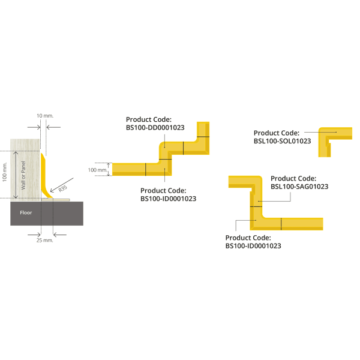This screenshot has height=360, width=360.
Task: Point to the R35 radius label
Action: tap(62, 188)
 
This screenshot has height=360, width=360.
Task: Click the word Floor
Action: tap(25, 212)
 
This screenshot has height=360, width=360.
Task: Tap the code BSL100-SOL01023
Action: tap(282, 141)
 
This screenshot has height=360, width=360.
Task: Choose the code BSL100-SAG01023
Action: tap(299, 187)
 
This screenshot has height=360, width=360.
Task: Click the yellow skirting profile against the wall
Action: tap(44, 180)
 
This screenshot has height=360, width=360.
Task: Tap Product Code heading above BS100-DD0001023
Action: tap(149, 119)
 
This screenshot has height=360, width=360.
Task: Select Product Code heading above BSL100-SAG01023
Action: tap(294, 178)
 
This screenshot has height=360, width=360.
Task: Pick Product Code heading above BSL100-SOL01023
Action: tap(276, 133)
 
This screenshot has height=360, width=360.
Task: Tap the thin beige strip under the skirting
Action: tap(60, 200)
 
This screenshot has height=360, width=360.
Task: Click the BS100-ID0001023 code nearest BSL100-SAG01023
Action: tap(254, 245)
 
